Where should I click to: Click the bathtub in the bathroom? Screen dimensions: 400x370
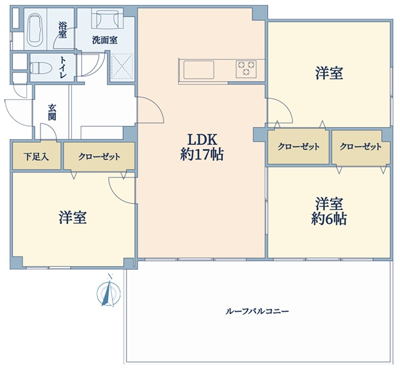[x=35, y=29]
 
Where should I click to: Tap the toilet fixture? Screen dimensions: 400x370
[x=41, y=68]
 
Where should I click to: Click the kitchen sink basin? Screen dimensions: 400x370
[x=198, y=70]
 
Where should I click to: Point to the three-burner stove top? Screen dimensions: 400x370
[x=246, y=68]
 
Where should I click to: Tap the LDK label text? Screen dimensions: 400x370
[x=202, y=140]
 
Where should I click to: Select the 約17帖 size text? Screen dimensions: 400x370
[x=202, y=155]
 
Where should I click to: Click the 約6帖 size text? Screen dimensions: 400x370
[x=329, y=219]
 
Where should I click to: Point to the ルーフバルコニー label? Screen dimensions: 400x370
[x=257, y=311]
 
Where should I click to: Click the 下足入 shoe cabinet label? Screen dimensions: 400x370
[x=36, y=156]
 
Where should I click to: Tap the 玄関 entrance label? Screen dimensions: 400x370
[x=52, y=112]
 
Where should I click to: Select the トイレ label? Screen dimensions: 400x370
[x=63, y=67]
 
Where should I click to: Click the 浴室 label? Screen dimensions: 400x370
[x=63, y=30]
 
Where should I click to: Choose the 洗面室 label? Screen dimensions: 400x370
[x=105, y=40]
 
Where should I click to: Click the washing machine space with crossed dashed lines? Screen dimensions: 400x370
[x=122, y=66]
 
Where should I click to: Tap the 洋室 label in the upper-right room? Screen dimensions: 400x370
[x=329, y=73]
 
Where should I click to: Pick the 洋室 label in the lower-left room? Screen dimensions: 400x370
[x=73, y=217]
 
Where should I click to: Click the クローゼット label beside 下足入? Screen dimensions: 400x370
[x=100, y=156]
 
